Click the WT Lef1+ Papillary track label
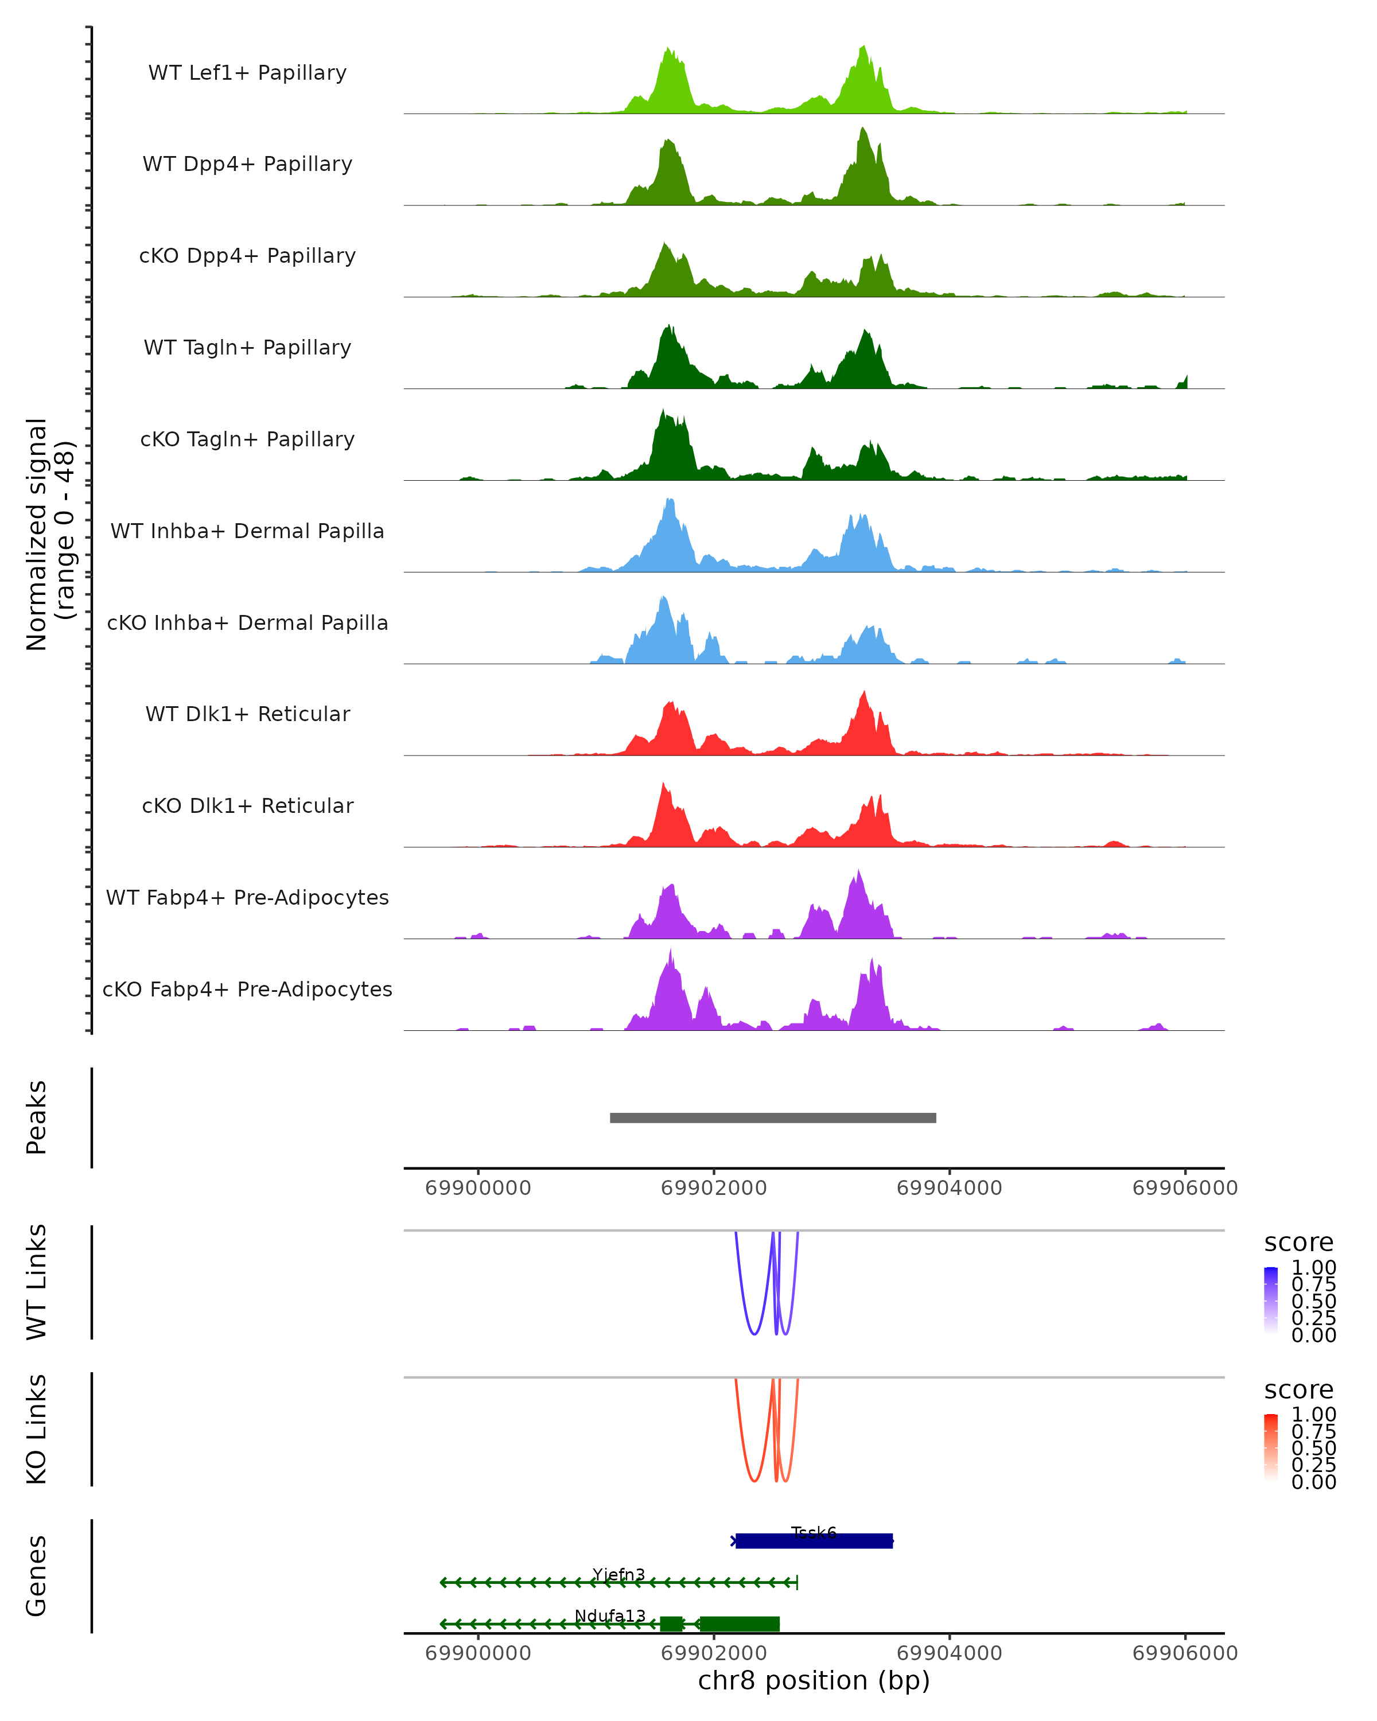point(247,73)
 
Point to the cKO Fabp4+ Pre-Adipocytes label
point(247,989)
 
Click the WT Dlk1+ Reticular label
point(247,714)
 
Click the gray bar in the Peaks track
point(773,1118)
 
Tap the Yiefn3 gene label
point(619,1574)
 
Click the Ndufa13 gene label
point(610,1615)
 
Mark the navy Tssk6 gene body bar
point(814,1541)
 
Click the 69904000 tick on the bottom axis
point(949,1653)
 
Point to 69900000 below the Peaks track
point(478,1188)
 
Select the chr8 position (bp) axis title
point(814,1681)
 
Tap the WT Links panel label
point(37,1282)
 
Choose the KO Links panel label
point(37,1429)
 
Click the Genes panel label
point(37,1576)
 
